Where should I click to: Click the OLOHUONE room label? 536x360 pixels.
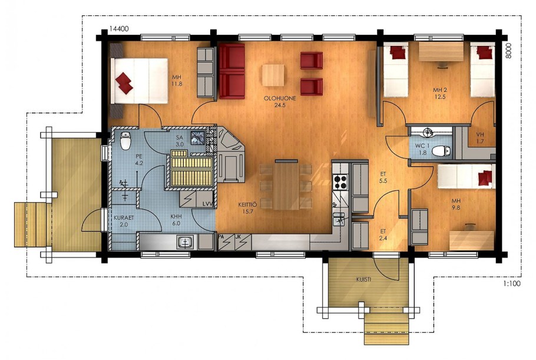pos(280,98)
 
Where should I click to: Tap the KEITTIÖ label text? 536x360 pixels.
pos(247,205)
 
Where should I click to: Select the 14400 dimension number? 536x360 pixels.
pos(119,29)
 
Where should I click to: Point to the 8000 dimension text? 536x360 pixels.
pos(508,51)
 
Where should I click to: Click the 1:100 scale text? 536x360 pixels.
pos(512,283)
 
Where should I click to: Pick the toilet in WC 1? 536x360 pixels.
pos(441,151)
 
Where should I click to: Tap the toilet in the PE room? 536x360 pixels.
pos(125,141)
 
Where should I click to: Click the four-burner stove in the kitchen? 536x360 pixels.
pos(340,181)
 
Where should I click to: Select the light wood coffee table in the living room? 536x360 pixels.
pos(273,75)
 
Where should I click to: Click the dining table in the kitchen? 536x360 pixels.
pos(286,185)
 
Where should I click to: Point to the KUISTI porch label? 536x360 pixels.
pos(364,279)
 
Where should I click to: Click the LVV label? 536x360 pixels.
pos(207,204)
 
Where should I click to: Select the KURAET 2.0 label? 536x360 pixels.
pos(124,221)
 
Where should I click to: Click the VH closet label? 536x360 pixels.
pos(480,138)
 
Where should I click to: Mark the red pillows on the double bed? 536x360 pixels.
pos(124,82)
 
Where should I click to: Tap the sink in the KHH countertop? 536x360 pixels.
pos(186,242)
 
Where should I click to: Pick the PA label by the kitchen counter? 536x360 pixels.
pos(221,236)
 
